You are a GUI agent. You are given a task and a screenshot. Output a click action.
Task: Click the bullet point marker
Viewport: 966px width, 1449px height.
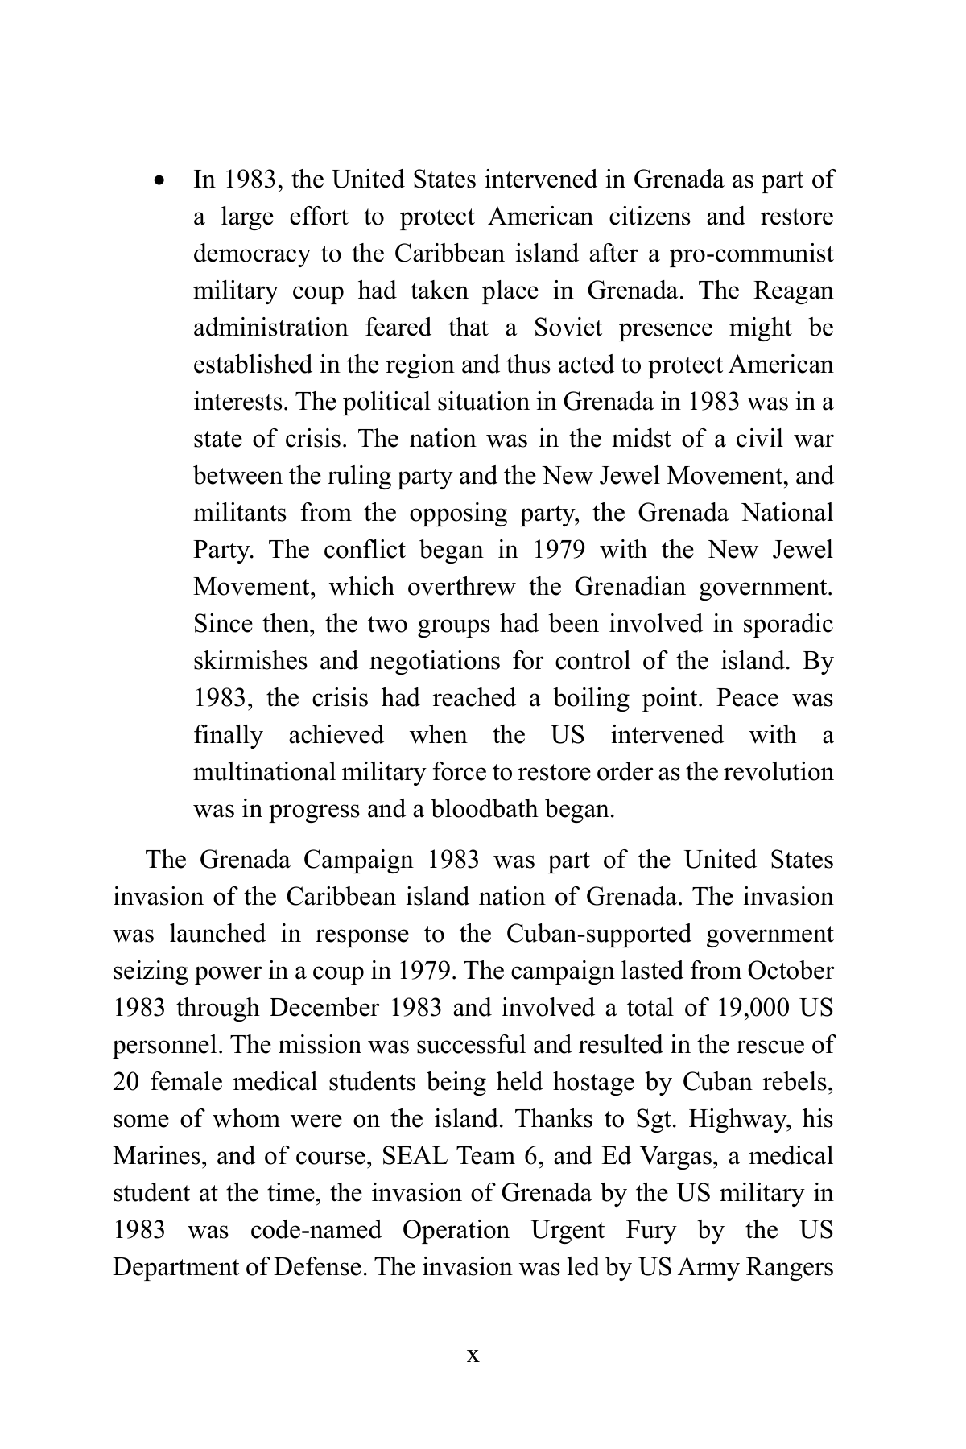point(161,180)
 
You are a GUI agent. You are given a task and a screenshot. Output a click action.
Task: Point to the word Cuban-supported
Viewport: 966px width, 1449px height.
point(598,934)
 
